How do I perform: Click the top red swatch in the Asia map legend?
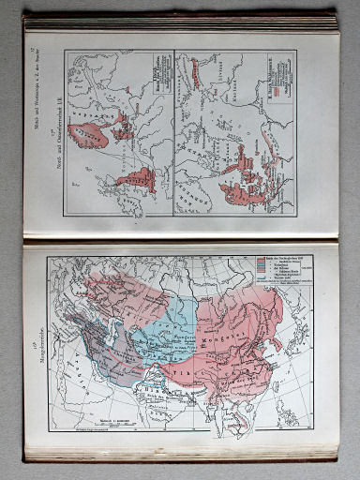pyautogui.click(x=260, y=257)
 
